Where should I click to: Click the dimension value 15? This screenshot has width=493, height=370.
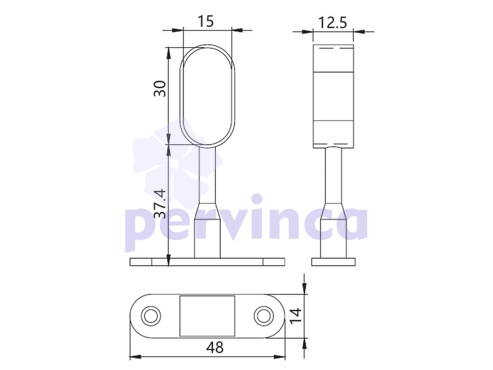click(x=205, y=21)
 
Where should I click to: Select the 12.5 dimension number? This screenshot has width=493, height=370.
click(x=333, y=22)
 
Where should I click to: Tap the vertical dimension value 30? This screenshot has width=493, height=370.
click(x=160, y=89)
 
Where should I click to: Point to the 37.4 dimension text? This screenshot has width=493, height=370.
click(x=160, y=203)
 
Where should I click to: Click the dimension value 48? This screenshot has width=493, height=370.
click(x=215, y=348)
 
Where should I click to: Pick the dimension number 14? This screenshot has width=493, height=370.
click(x=296, y=316)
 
